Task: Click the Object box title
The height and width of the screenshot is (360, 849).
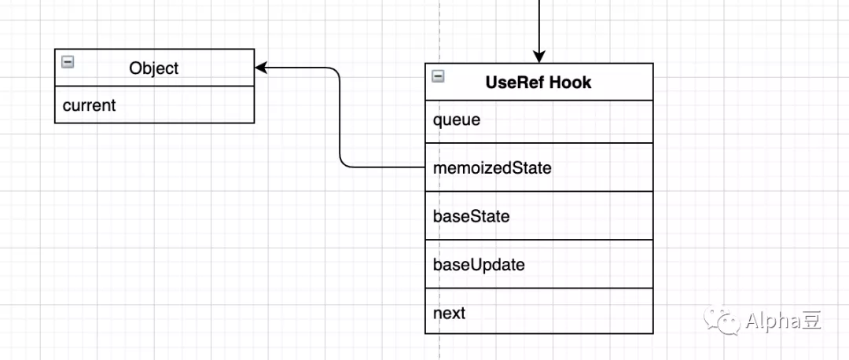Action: click(154, 68)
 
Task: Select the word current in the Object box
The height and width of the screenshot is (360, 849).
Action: click(90, 105)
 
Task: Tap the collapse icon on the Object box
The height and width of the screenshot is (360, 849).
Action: click(68, 62)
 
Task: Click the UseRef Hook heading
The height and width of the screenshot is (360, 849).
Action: click(538, 83)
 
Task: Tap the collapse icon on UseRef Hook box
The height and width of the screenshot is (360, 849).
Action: click(438, 76)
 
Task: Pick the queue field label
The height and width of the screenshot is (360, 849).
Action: click(457, 120)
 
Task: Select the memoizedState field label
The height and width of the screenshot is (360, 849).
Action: click(492, 168)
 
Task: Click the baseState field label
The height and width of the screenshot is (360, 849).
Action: click(471, 216)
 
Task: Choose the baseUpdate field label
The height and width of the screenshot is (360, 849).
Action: click(479, 265)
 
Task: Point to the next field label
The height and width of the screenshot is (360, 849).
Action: click(449, 314)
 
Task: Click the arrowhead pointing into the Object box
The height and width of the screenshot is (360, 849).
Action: click(262, 68)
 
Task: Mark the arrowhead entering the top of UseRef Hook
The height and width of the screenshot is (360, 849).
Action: click(538, 57)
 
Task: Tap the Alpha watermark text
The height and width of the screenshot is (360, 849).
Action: click(773, 321)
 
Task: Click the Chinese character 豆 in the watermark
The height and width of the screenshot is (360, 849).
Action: click(811, 321)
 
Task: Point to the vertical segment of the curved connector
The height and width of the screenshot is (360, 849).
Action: click(340, 117)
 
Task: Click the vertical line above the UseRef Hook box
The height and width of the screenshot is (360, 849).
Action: click(538, 25)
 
